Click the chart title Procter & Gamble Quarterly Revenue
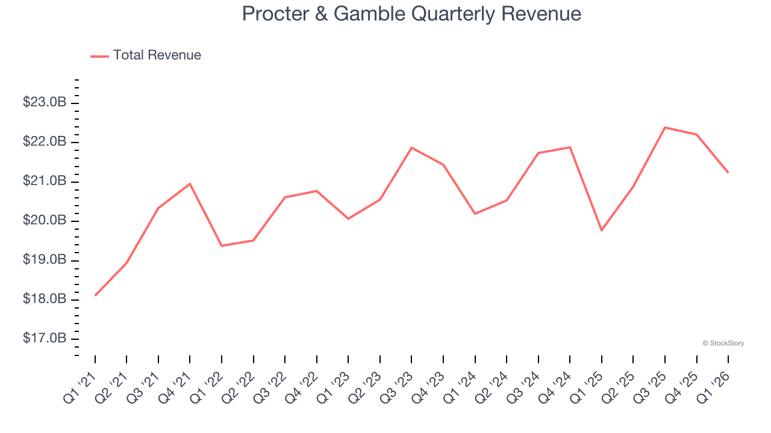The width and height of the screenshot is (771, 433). [411, 14]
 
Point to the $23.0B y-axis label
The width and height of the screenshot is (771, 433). [45, 103]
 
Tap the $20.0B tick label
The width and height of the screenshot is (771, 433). [45, 221]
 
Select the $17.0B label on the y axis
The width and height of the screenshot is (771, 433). [45, 339]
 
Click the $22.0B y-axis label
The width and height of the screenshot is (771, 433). [45, 142]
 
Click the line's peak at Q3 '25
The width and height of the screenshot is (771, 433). [665, 127]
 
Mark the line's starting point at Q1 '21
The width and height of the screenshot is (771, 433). [95, 295]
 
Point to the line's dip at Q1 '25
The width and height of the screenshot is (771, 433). [602, 230]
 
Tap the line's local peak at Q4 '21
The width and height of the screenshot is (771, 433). [190, 183]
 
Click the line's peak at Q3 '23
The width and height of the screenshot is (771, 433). [411, 147]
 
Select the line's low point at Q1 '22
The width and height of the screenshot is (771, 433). [222, 245]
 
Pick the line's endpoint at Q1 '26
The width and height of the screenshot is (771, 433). [728, 173]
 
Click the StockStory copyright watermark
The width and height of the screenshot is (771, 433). [723, 343]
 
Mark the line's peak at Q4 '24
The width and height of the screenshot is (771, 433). [570, 147]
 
